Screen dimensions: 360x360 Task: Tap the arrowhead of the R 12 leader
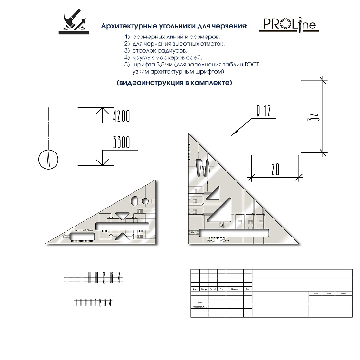[x=233, y=132]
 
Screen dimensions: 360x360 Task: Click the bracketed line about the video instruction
[x=173, y=83]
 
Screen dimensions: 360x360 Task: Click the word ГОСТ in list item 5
[x=255, y=64]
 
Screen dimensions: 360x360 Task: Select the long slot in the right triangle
[x=234, y=233]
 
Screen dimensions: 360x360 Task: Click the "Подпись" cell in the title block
[x=234, y=289]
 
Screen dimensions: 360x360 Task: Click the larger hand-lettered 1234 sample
[x=94, y=276]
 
